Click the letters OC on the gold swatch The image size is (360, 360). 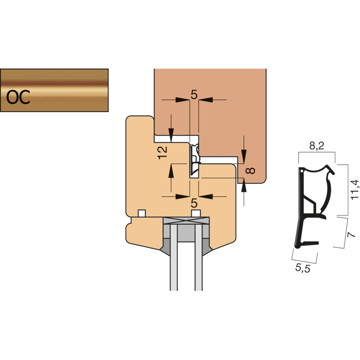click(x=18, y=97)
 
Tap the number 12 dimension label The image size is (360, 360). click(x=162, y=152)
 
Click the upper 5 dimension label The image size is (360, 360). click(x=194, y=94)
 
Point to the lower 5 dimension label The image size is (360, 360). click(x=194, y=203)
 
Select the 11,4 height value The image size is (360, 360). click(x=355, y=190)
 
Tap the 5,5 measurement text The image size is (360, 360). click(x=303, y=269)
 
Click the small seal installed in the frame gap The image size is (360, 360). click(x=194, y=160)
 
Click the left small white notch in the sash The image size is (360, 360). click(x=142, y=213)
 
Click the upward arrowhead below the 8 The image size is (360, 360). click(x=244, y=187)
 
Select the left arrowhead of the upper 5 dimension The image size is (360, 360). click(x=183, y=100)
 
